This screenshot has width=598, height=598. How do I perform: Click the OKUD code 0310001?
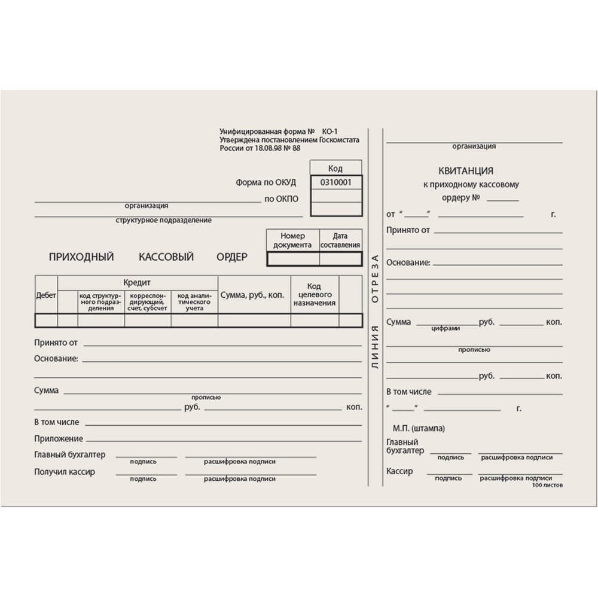[x=336, y=182]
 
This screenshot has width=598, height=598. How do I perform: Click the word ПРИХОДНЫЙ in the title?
[x=81, y=257]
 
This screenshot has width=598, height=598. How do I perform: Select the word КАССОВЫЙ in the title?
[x=166, y=257]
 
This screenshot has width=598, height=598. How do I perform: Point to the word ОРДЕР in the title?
[x=232, y=257]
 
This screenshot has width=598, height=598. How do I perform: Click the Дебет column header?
[x=46, y=295]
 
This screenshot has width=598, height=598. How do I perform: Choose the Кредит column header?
[x=137, y=282]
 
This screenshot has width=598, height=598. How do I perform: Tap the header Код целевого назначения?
[x=315, y=295]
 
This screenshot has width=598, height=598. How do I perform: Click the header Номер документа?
[x=292, y=240]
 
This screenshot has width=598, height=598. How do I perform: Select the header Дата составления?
[x=340, y=240]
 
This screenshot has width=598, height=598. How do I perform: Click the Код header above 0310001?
[x=335, y=168]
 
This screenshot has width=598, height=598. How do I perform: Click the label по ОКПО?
[x=281, y=199]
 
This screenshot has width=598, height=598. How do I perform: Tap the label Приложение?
[x=59, y=438]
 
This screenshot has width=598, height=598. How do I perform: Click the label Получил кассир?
[x=65, y=472]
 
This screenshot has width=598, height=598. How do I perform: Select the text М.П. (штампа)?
[x=419, y=428]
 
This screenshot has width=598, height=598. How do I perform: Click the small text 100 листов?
[x=547, y=485]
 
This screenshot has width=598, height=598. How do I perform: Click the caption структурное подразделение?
[x=164, y=220]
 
